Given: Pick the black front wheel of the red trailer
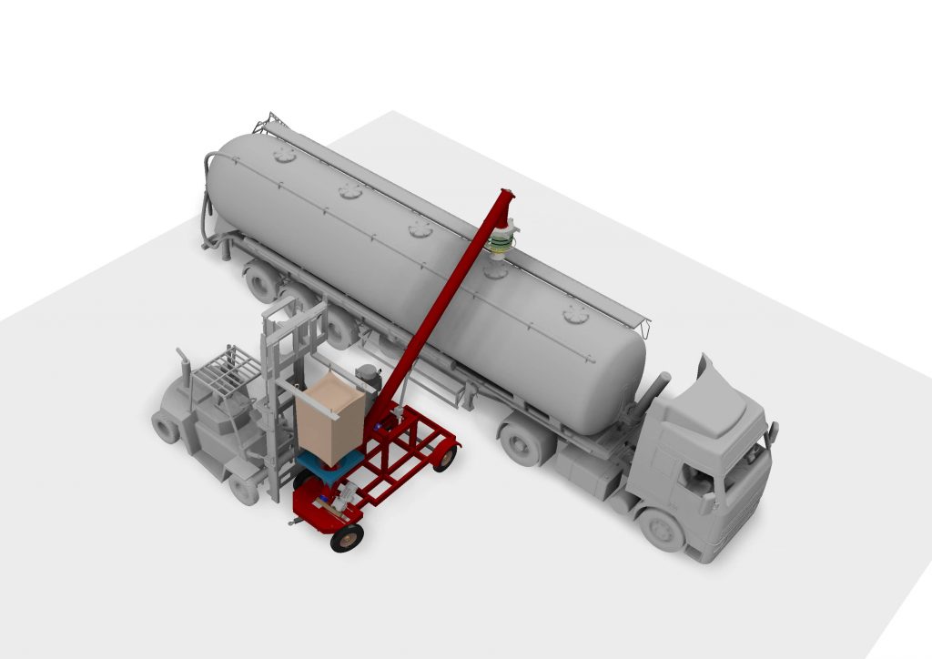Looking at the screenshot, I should point(347,539).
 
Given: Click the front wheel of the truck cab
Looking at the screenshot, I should point(662,529).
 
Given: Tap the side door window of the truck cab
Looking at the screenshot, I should point(696,476).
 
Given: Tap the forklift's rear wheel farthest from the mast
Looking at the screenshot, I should point(166,426).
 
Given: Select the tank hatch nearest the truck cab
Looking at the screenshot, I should point(576,315).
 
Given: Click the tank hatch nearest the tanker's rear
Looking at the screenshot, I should point(285,156).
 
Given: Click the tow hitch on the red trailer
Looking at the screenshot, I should point(295,522).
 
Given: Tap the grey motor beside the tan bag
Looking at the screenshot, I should point(368,375).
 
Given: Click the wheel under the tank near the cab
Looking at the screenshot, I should point(522,445).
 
